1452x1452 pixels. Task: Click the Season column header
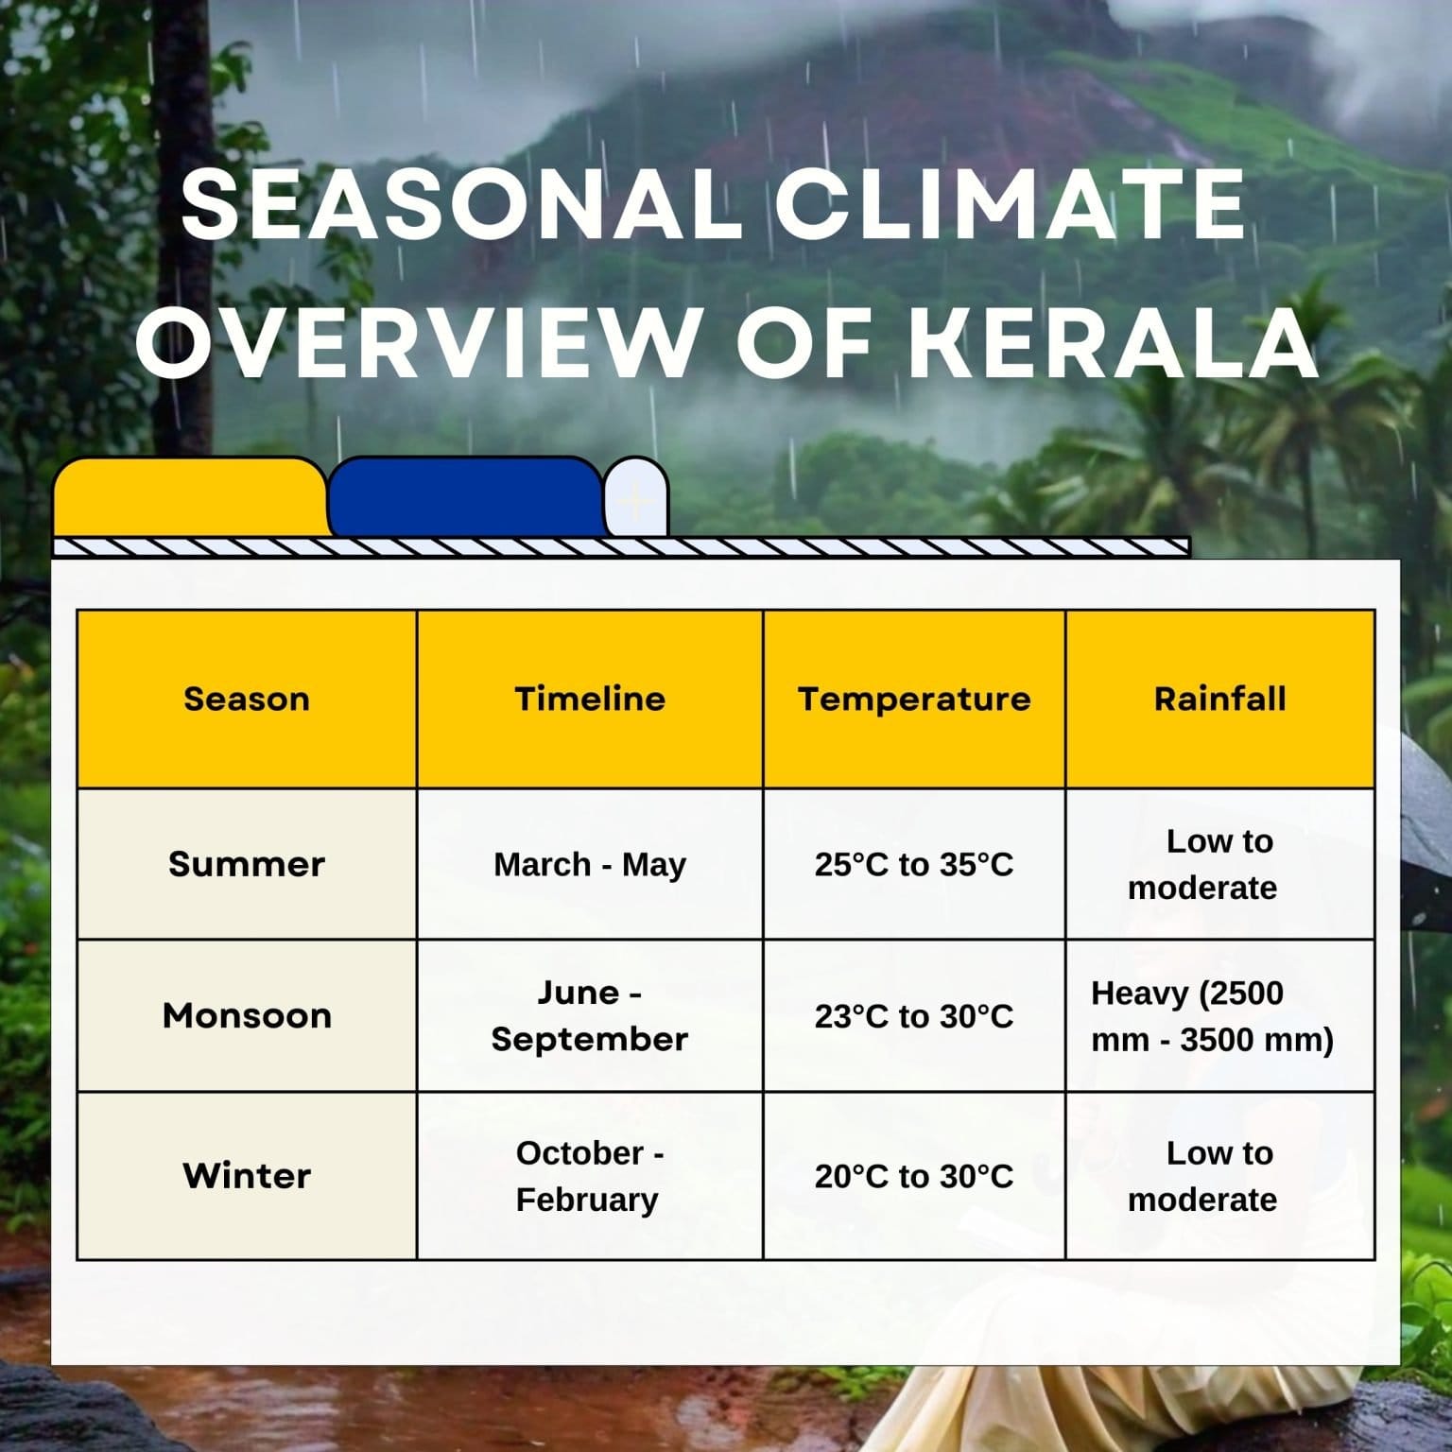[247, 699]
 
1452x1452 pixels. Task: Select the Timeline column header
[590, 699]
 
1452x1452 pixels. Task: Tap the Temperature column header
[914, 699]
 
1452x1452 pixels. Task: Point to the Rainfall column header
[1219, 699]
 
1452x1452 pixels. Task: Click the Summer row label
[247, 864]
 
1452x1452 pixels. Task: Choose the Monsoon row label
[247, 1015]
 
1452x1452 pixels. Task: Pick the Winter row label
[247, 1176]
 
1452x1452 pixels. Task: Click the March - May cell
[590, 864]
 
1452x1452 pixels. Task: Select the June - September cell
[590, 1015]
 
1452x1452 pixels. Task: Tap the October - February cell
[590, 1176]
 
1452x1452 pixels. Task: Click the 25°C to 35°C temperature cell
[914, 864]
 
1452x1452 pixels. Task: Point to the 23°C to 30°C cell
[914, 1016]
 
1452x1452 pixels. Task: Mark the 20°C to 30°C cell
[914, 1176]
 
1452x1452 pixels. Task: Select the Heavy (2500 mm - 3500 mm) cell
[1212, 1016]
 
